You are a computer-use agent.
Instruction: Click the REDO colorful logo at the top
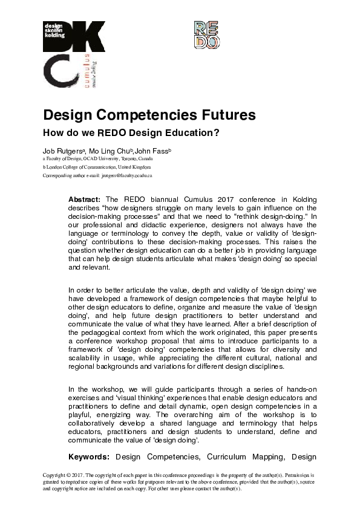(x=206, y=34)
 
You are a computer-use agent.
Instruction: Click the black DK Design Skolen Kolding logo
(x=74, y=36)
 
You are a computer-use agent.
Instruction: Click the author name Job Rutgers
(x=63, y=150)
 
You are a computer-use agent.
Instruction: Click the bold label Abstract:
(x=85, y=199)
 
